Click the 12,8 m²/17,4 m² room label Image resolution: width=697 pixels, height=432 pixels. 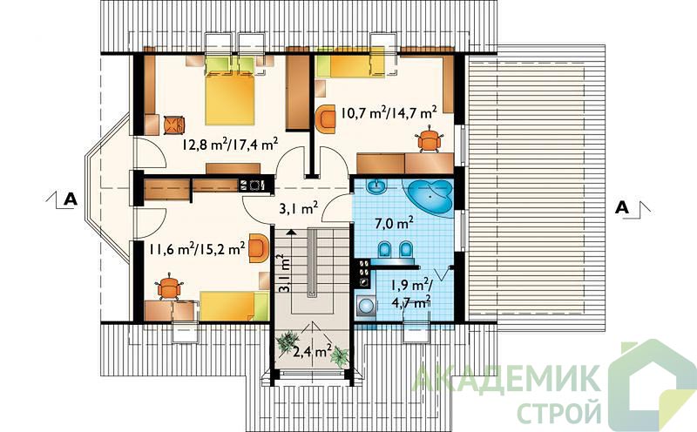230,143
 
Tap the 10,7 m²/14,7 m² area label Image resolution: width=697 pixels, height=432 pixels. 388,112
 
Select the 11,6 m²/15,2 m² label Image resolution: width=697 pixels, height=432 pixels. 198,248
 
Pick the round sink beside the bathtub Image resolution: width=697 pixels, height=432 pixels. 377,186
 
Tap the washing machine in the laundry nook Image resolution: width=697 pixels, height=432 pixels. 366,307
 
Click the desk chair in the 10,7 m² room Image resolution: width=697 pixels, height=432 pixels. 430,138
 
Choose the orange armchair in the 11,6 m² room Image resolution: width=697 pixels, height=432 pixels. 259,248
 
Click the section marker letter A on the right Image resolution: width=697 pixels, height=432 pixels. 622,207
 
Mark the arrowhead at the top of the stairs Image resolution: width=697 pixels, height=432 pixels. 291,231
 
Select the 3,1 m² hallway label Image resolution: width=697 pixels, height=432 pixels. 299,209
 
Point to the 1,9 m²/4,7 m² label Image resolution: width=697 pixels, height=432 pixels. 410,293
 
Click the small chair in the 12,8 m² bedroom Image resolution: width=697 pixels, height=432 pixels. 173,125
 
